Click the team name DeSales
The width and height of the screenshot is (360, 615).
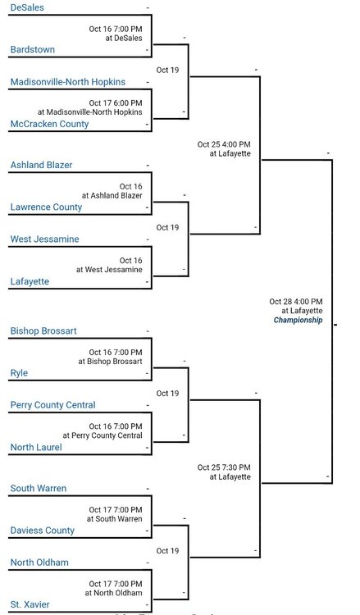coord(27,7)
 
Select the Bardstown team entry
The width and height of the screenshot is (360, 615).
coord(33,49)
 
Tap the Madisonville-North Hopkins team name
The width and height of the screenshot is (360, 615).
coord(68,82)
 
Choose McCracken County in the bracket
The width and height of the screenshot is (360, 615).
coord(49,124)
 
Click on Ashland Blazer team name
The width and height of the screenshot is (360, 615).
coord(41,165)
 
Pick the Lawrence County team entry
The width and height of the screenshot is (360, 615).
coord(46,207)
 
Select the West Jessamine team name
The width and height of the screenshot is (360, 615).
coord(45,239)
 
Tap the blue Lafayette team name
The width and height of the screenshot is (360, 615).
coord(30,281)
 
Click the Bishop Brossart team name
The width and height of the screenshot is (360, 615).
coord(43,331)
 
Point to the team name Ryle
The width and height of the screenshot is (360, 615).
coord(19,373)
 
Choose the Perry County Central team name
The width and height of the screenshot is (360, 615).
coord(53,405)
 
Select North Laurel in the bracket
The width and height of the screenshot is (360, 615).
coord(36,447)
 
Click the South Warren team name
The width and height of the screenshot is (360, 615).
coord(39,489)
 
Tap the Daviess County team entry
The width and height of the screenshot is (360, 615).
coord(43,531)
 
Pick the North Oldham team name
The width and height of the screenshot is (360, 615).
coord(39,563)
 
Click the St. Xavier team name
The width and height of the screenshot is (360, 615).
coord(30,604)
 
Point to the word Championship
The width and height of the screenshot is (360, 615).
coord(298,320)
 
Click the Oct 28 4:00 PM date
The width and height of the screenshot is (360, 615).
coord(296,302)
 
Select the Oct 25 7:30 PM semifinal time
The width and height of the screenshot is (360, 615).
coord(224,467)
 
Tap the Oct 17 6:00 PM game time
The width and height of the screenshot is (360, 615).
coord(116,103)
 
